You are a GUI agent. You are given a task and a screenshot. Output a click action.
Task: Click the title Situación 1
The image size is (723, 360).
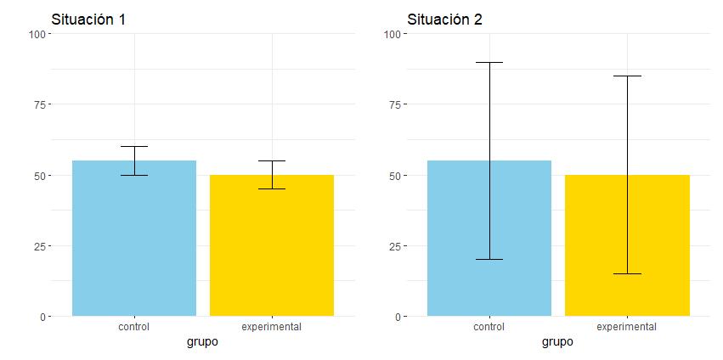pyautogui.click(x=89, y=20)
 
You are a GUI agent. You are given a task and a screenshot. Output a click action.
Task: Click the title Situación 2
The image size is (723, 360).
pyautogui.click(x=444, y=20)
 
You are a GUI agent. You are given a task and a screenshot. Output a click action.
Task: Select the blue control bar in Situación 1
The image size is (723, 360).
pyautogui.click(x=134, y=246)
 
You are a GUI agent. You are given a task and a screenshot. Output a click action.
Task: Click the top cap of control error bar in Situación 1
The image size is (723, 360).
pyautogui.click(x=134, y=146)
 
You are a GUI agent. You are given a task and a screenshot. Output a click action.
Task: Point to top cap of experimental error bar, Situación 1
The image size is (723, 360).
pyautogui.click(x=272, y=160)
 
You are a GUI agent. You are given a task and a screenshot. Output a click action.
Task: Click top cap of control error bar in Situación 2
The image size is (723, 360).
pyautogui.click(x=489, y=62)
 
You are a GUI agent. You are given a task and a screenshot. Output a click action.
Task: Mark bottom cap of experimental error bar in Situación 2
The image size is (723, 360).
pyautogui.click(x=627, y=273)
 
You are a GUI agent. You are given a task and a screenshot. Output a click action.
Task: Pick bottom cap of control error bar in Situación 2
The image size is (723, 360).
pyautogui.click(x=489, y=259)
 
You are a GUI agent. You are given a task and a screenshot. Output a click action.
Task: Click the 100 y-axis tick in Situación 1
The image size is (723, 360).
pyautogui.click(x=37, y=34)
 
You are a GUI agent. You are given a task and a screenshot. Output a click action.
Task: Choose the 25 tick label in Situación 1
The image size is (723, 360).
pyautogui.click(x=39, y=246)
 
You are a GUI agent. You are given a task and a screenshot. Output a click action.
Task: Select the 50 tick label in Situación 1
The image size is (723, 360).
pyautogui.click(x=39, y=176)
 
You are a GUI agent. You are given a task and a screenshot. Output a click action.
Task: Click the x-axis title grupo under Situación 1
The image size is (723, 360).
pyautogui.click(x=202, y=342)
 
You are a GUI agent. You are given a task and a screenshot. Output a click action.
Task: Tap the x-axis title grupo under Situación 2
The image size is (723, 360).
pyautogui.click(x=557, y=342)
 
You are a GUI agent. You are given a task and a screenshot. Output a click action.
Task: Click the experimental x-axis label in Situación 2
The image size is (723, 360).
pyautogui.click(x=627, y=327)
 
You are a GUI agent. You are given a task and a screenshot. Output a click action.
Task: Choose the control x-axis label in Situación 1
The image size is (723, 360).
pyautogui.click(x=134, y=327)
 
